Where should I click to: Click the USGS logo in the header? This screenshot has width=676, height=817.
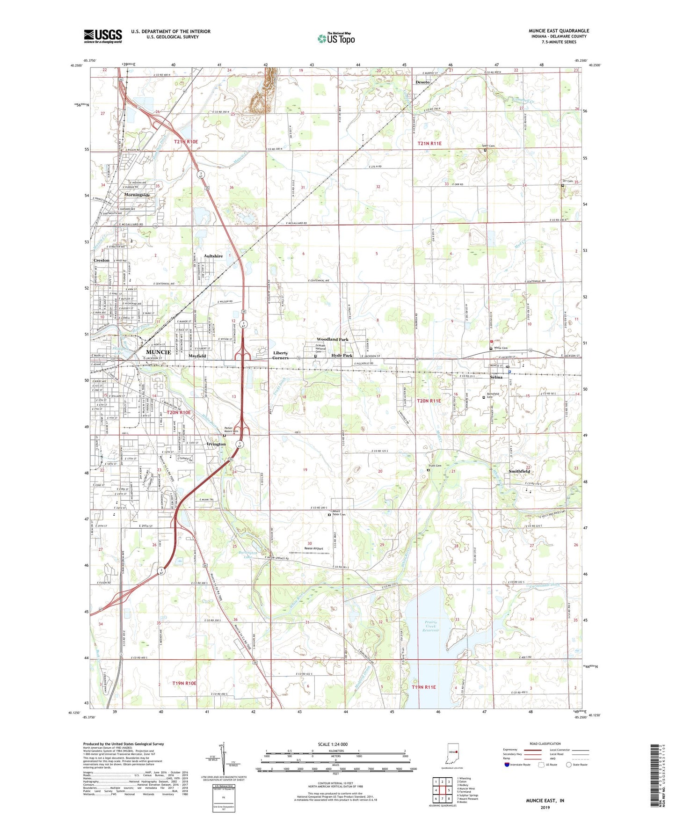pos(103,36)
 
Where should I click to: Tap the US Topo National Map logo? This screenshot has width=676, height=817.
pos(336,38)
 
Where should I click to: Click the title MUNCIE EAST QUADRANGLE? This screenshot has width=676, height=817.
pos(559,31)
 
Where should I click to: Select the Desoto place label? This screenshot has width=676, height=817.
pos(423,82)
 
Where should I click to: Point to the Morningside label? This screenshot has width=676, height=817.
pos(137,195)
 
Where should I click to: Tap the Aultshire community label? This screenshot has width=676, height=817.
pos(213,256)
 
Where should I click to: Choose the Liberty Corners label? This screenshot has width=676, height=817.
pos(281,355)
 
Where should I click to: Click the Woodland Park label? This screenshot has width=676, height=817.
pos(332,339)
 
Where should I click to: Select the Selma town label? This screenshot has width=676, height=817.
pos(496,377)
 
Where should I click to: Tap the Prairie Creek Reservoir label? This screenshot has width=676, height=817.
pos(431,626)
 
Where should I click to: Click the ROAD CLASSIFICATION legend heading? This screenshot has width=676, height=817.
pos(545,744)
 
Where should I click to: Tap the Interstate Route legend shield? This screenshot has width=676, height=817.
pos(508,765)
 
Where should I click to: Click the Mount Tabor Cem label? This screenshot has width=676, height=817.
pos(339,513)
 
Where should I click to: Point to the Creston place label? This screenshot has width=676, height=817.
pos(102,260)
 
